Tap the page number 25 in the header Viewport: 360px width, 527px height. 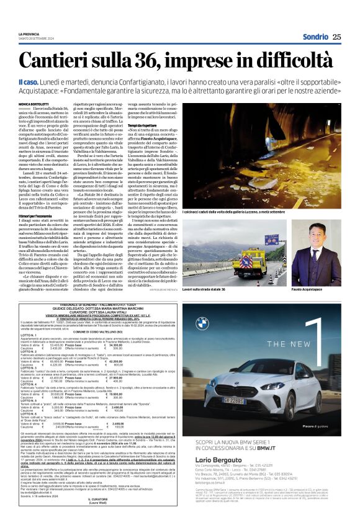point(336,37)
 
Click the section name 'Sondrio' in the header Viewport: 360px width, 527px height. point(315,37)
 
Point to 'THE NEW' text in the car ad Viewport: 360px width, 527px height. point(271,343)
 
